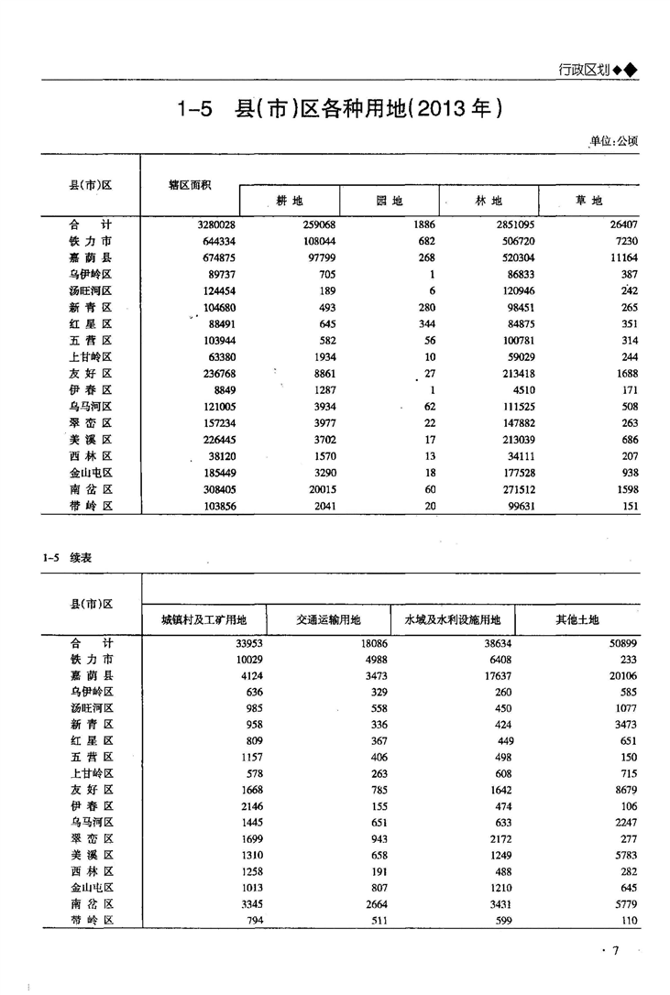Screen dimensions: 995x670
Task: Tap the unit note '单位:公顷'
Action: (x=613, y=141)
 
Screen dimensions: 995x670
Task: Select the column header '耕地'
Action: (x=290, y=201)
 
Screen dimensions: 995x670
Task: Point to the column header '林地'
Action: (x=489, y=201)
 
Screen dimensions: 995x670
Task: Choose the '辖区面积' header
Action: (x=190, y=184)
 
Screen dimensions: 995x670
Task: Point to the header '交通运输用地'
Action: (x=328, y=620)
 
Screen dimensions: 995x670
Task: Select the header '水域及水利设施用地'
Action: (x=451, y=620)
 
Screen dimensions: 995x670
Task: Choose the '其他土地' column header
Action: (x=577, y=620)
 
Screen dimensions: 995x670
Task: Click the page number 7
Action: (x=617, y=951)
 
